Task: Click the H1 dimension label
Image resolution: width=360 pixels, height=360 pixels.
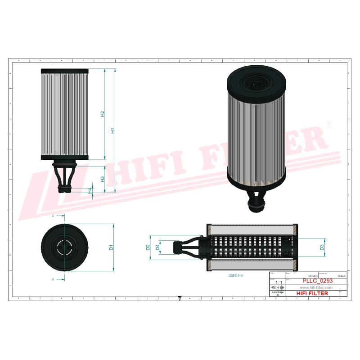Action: pos(113,131)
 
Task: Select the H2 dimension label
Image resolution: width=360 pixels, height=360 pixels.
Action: pos(102,114)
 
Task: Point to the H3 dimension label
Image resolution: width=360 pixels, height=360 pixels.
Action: pos(102,179)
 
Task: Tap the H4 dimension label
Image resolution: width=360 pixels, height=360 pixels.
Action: pos(90,191)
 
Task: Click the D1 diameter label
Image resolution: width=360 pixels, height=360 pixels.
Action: pos(111,247)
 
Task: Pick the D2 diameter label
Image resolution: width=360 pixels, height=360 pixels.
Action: pos(148,247)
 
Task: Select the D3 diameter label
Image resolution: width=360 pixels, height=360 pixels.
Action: pos(322,247)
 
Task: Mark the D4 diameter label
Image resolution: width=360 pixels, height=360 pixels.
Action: pos(157,247)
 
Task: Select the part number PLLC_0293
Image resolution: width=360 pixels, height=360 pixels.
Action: pos(315,281)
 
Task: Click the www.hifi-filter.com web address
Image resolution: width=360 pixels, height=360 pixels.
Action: pos(315,288)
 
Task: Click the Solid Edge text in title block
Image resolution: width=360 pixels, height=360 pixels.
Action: pos(277,292)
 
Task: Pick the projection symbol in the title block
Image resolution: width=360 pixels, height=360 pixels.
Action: pos(277,288)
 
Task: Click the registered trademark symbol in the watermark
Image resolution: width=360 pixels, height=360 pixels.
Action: pos(329,124)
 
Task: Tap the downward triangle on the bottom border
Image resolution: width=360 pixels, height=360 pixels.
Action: pos(180,298)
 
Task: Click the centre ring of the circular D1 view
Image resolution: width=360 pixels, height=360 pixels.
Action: pos(63,247)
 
